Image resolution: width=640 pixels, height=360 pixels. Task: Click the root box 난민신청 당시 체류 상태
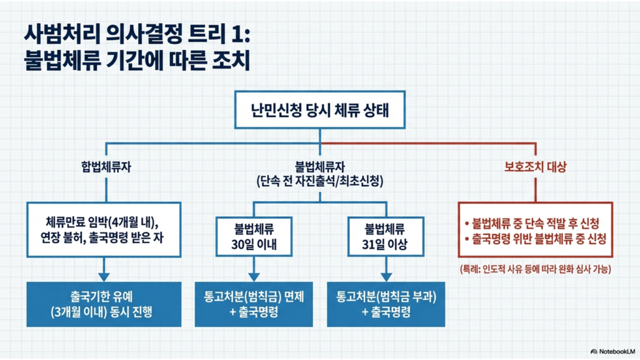[320, 112]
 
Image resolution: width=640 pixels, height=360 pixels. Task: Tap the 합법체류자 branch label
[103, 167]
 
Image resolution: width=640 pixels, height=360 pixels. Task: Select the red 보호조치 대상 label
[535, 167]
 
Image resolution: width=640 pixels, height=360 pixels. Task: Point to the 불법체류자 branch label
[320, 167]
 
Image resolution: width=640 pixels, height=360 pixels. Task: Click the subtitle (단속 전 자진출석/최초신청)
[320, 182]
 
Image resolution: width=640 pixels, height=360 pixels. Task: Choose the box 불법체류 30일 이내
[253, 235]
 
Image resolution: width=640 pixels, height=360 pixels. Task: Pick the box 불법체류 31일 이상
[386, 235]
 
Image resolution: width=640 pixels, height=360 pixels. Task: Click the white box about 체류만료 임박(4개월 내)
[104, 229]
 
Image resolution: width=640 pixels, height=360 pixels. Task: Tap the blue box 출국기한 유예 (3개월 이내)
[104, 304]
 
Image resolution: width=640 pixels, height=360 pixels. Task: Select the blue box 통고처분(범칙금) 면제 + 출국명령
[253, 304]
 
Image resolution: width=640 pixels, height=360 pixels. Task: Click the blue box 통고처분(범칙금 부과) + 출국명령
[386, 304]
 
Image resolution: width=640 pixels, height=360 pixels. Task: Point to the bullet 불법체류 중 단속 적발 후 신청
[535, 223]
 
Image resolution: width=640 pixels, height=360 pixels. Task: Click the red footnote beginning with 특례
[535, 269]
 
